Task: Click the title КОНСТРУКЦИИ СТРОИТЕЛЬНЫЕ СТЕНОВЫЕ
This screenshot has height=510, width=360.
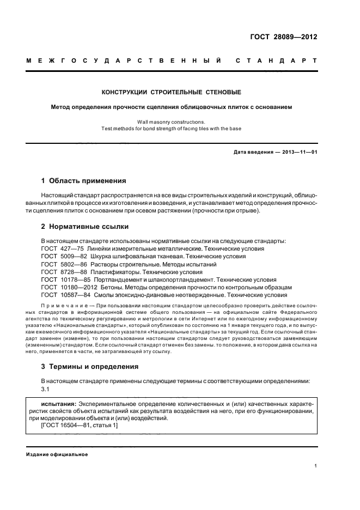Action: (172, 92)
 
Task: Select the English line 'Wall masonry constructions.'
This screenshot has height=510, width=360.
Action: (172, 122)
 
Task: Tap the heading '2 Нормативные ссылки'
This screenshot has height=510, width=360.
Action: (85, 226)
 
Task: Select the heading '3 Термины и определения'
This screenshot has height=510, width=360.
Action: (90, 366)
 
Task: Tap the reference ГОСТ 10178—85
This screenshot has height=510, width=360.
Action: (62, 279)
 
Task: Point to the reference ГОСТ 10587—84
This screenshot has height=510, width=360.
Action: (62, 294)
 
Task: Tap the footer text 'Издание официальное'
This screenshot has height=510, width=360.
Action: (57, 454)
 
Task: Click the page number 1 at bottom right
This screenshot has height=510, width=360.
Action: (315, 466)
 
